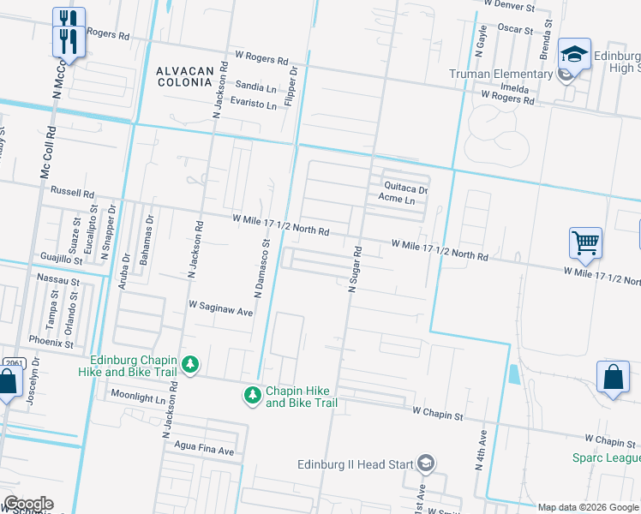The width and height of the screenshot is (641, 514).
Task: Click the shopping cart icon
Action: pyautogui.click(x=586, y=242)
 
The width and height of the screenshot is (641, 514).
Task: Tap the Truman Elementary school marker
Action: pyautogui.click(x=565, y=75)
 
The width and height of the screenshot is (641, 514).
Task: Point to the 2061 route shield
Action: pyautogui.click(x=11, y=363)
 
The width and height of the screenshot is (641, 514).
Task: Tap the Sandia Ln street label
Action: pyautogui.click(x=255, y=87)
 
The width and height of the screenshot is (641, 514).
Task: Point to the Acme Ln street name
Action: pyautogui.click(x=397, y=200)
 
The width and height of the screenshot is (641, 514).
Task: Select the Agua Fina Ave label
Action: pyautogui.click(x=203, y=450)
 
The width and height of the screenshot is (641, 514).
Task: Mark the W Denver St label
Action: pyautogui.click(x=508, y=5)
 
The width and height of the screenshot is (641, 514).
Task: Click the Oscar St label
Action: pyautogui.click(x=515, y=28)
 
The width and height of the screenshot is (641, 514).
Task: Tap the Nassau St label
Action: pyautogui.click(x=58, y=279)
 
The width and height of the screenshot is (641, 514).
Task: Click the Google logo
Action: pyautogui.click(x=28, y=504)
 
